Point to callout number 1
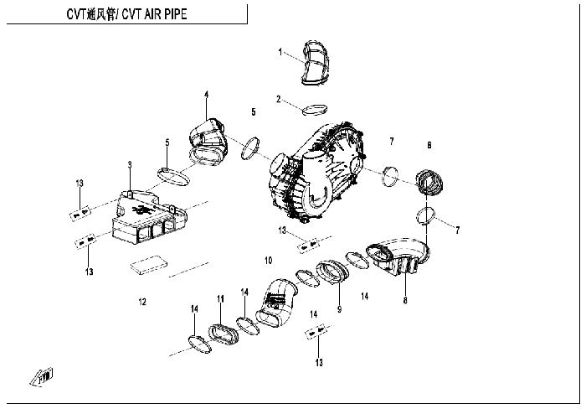pyautogui.click(x=280, y=52)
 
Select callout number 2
pyautogui.click(x=279, y=99)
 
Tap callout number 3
pyautogui.click(x=130, y=164)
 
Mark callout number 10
pyautogui.click(x=268, y=260)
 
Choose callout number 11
pyautogui.click(x=220, y=299)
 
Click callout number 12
pyautogui.click(x=142, y=300)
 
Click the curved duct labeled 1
pyautogui.click(x=315, y=62)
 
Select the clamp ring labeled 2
pyautogui.click(x=315, y=109)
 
